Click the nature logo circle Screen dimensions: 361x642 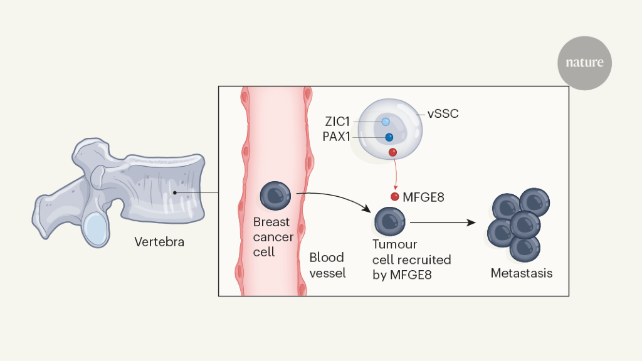coord(584,63)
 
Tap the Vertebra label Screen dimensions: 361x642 coord(159,241)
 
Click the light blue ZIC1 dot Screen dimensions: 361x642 coord(386,122)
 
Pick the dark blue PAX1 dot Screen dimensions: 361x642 coord(389,137)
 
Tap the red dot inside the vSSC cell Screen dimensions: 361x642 coord(392,152)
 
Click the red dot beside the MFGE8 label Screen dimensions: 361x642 coord(395,197)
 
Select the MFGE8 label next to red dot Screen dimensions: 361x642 coord(423,197)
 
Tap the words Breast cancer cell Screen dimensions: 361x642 coord(273,237)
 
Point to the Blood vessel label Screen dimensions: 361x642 coord(327,265)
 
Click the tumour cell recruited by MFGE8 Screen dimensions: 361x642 coord(390,222)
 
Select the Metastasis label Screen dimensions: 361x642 coord(522,273)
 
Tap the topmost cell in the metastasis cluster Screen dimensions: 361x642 coord(534,201)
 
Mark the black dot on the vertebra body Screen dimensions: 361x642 coord(175,192)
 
